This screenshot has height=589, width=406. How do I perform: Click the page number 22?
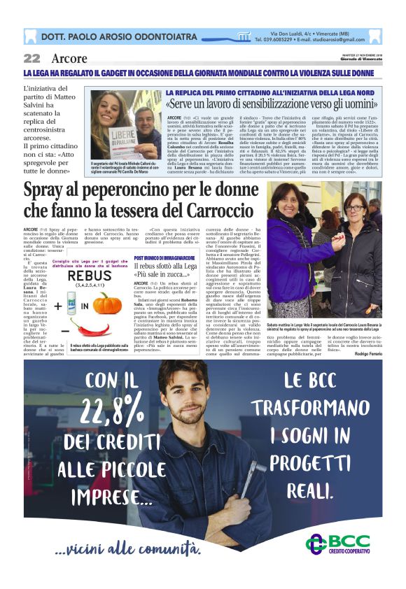point(31,58)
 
